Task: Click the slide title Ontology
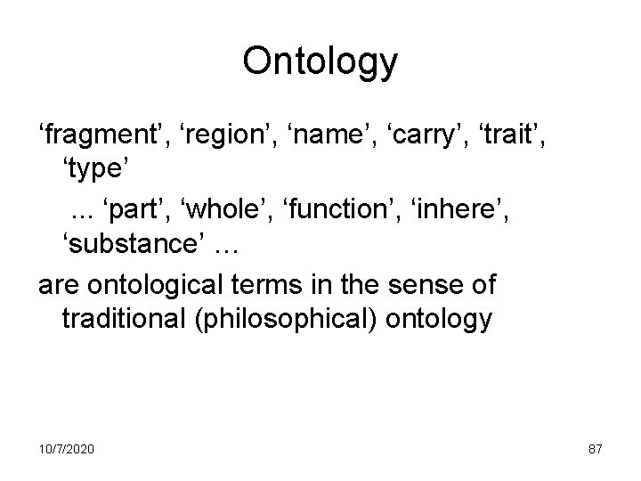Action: point(320,63)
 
